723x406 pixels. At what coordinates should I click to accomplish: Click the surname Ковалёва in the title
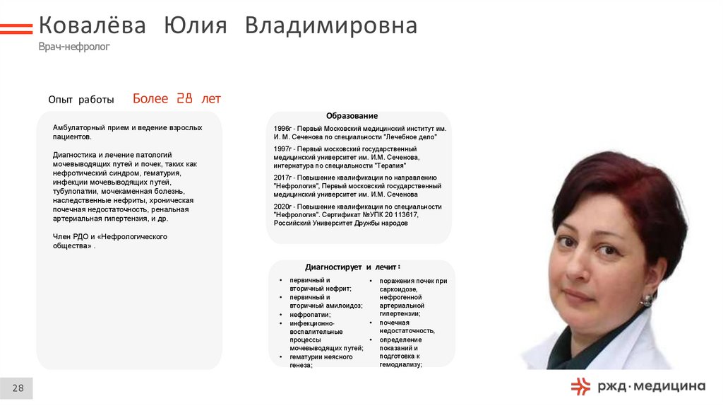(x=92, y=26)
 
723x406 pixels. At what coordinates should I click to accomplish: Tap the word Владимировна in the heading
(x=331, y=26)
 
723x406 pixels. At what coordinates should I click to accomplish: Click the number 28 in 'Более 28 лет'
(x=184, y=99)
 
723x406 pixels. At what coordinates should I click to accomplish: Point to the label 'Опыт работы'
(x=80, y=100)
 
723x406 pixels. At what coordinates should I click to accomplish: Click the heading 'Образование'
(x=352, y=116)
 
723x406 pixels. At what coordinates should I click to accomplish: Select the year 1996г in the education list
(x=282, y=128)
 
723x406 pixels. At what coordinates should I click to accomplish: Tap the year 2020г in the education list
(x=282, y=207)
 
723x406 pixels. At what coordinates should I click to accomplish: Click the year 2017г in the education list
(x=282, y=178)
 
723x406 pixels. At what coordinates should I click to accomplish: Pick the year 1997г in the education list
(x=282, y=149)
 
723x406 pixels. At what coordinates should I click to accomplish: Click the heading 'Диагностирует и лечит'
(x=351, y=267)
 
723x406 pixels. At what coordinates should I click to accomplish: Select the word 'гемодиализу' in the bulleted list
(x=400, y=364)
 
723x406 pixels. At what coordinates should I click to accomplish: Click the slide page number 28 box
(x=17, y=388)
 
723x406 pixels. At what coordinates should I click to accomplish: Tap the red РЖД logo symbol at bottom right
(x=580, y=385)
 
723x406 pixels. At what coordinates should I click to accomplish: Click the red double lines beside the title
(x=16, y=28)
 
